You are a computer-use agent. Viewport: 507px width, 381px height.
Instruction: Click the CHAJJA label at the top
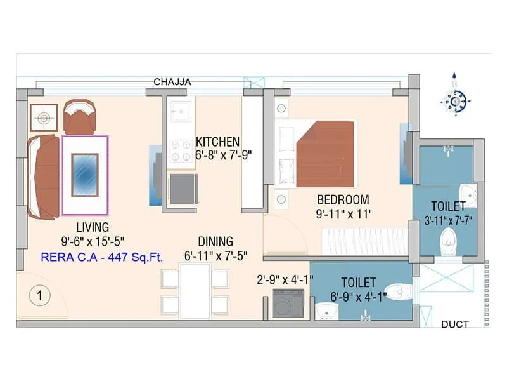tap(172, 82)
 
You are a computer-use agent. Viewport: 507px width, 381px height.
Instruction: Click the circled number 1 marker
tap(39, 295)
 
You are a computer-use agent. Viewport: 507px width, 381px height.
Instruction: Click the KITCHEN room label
tap(217, 141)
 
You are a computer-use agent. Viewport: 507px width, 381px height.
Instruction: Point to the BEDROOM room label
tap(343, 199)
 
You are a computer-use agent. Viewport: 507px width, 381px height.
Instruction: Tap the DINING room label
tap(215, 241)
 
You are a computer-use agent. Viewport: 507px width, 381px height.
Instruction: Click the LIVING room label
tap(93, 227)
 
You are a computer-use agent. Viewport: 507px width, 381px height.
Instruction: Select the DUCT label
tap(454, 324)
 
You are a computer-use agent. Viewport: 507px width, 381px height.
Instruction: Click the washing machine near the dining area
tap(288, 304)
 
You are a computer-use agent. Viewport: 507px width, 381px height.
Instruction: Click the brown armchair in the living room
tap(80, 117)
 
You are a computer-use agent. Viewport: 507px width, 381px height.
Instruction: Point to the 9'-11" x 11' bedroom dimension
tap(343, 214)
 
